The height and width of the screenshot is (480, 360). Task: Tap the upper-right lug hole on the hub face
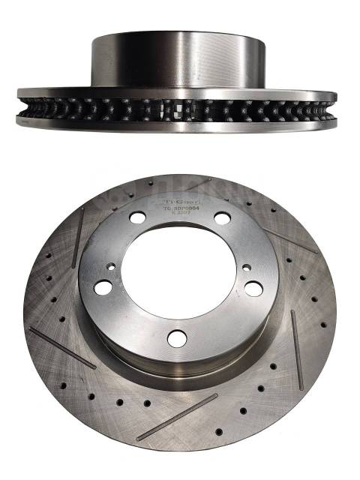pos(222,218)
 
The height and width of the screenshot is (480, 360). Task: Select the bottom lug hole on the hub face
pos(177,339)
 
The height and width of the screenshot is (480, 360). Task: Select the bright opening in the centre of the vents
pos(180,109)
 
